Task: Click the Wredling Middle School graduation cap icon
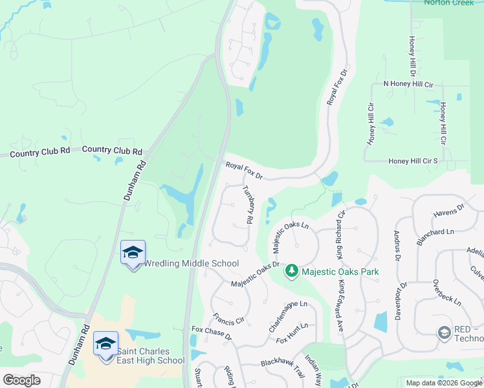coord(133,253)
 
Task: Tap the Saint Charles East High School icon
coord(105,343)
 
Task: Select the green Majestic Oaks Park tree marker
coord(292,270)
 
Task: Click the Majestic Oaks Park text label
coord(340,272)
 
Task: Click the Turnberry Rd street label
coord(247,204)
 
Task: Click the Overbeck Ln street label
coord(447,292)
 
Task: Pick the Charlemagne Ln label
coord(287,316)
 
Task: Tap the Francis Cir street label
coord(228,319)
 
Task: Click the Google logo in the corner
coord(22,380)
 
